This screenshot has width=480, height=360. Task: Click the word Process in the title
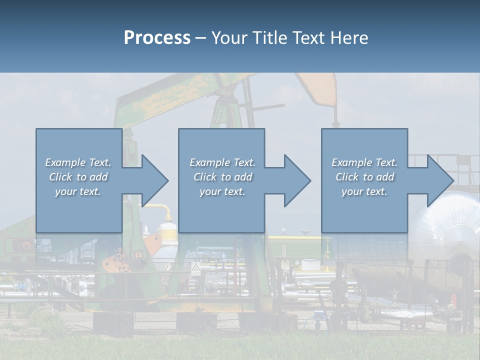click(157, 38)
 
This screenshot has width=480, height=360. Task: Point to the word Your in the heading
click(229, 38)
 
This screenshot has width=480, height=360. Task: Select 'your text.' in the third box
click(364, 191)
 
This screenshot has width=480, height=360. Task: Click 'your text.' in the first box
click(78, 191)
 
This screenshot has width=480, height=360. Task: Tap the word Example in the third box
click(350, 162)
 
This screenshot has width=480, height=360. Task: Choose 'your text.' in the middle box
click(222, 191)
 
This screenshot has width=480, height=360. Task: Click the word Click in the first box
click(61, 177)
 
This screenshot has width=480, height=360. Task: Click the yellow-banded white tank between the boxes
click(167, 235)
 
